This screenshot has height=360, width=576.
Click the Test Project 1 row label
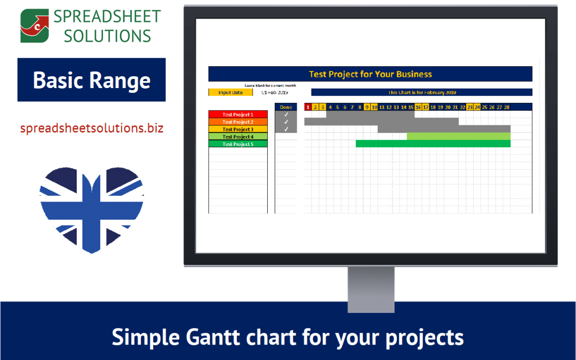[238, 114]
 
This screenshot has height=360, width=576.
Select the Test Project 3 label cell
[238, 129]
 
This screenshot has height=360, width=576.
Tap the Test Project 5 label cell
[238, 144]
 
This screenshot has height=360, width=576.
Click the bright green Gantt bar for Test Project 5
[433, 143]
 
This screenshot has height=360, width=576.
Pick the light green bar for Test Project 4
[458, 136]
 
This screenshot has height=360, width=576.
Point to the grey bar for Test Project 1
[370, 114]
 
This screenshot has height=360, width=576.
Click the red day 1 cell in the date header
[308, 107]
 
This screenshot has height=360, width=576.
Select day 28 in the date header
[507, 107]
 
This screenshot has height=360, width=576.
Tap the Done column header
[286, 107]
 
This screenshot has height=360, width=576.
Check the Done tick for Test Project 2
[286, 122]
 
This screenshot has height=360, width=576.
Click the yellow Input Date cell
[230, 92]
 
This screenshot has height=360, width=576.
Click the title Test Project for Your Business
[370, 74]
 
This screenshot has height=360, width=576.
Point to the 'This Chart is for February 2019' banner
[421, 92]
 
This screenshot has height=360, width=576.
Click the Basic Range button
[92, 80]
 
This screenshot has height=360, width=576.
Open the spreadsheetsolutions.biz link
[92, 129]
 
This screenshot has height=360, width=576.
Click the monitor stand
[370, 288]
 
